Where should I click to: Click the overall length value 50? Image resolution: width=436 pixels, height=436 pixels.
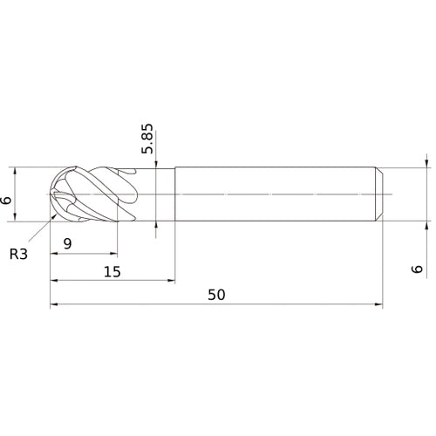pos(217,295)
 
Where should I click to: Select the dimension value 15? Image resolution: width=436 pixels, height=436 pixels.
pos(112,271)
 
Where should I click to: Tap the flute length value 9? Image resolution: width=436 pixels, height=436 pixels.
pos(67,245)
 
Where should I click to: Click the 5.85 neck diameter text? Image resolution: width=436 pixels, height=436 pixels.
pos(148,139)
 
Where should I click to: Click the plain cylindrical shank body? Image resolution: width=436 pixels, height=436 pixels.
pos(275,193)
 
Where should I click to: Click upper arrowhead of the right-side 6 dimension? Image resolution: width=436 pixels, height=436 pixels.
pos(425,162)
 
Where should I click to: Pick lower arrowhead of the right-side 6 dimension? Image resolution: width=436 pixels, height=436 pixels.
pos(425,224)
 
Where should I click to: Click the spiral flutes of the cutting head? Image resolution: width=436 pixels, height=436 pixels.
pos(100,194)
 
